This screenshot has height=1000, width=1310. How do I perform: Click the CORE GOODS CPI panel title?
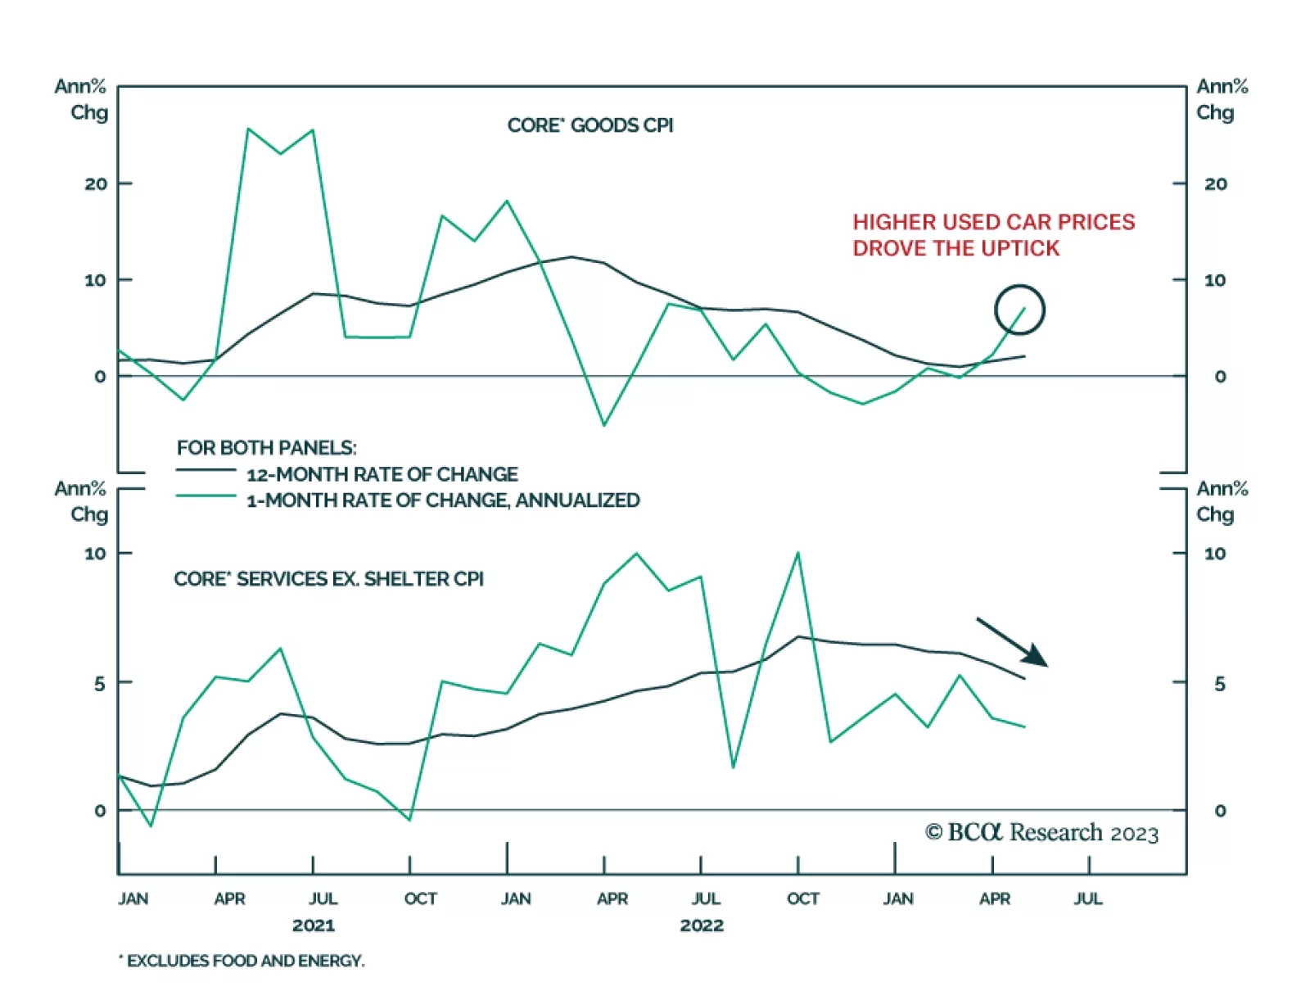coord(589,125)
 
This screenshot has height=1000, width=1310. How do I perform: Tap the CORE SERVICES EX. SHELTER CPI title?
coord(328,579)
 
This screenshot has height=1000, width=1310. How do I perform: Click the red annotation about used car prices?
coord(993,235)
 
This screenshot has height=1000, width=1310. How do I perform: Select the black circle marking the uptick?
coord(1019,310)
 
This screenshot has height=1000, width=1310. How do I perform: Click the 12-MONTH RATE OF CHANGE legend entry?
coord(382,474)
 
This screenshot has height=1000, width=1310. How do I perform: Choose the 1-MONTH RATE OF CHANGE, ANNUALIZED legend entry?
coord(442,500)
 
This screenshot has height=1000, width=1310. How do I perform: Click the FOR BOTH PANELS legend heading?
coord(266,448)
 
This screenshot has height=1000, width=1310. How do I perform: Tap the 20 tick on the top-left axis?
coord(96,184)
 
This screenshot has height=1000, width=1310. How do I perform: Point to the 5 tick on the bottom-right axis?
coord(1219,683)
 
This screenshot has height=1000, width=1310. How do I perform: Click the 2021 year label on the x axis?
coord(313,925)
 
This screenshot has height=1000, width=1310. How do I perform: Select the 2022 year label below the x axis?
coord(701,925)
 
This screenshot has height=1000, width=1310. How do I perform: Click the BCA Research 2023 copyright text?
coord(1041,833)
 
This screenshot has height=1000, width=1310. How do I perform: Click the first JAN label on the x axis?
coord(133,898)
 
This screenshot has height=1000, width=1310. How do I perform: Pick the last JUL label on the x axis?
coord(1087,898)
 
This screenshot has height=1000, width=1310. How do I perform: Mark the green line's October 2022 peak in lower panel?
coord(797,554)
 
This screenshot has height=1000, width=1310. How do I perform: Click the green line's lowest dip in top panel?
coord(604,425)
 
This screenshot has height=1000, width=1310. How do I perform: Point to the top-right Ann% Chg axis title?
coord(1222,99)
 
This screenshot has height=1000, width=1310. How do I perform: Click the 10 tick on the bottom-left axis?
coord(96,554)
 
